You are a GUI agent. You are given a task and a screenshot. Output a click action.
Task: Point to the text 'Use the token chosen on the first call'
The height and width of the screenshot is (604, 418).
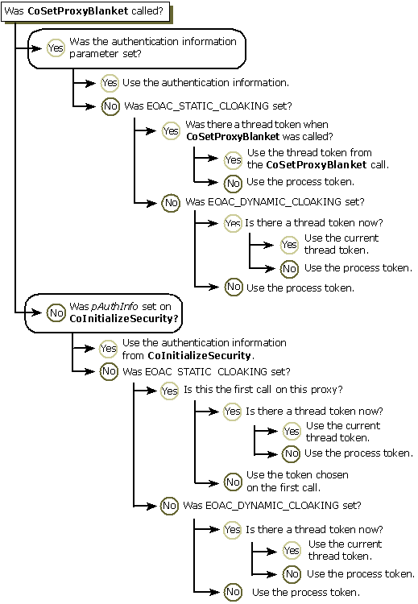tap(296, 481)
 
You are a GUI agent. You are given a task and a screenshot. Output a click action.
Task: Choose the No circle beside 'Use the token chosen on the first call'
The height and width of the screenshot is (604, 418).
tap(233, 482)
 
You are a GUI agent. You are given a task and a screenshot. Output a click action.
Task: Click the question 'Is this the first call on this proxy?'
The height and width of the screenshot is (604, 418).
tap(263, 390)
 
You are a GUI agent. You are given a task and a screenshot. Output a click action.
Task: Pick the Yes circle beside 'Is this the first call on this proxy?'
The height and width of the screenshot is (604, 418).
tap(170, 391)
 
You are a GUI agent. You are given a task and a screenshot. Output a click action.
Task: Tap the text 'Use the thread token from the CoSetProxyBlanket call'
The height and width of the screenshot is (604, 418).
tap(317, 158)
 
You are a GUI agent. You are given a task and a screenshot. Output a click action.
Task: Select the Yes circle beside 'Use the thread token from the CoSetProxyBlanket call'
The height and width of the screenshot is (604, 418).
tap(233, 159)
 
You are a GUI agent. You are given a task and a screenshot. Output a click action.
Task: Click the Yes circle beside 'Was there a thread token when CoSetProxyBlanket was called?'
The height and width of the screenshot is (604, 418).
tap(171, 130)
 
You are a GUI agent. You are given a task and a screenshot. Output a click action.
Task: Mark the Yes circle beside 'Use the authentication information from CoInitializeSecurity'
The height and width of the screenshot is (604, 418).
tap(109, 349)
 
